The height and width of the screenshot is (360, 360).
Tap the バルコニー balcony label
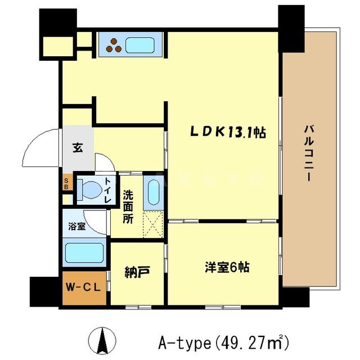click(309, 152)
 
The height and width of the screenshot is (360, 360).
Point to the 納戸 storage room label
click(137, 273)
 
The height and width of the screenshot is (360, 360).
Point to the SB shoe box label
click(66, 184)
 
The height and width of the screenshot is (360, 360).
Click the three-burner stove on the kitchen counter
click(114, 44)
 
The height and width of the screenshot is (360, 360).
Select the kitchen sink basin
click(143, 44)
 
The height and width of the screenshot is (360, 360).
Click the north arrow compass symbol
click(103, 340)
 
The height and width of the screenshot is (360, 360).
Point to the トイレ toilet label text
click(109, 189)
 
